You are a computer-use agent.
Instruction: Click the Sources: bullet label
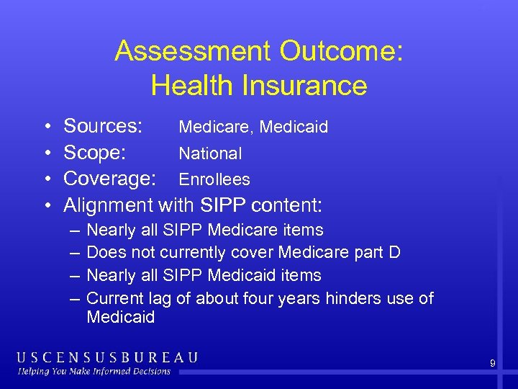(104, 127)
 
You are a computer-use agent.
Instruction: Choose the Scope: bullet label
(96, 153)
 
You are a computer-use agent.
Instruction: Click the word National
(210, 153)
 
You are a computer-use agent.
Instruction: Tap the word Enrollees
(214, 179)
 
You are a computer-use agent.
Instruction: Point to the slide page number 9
(492, 364)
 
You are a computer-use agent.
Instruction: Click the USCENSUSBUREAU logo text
(107, 357)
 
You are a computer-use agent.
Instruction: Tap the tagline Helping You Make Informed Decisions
(94, 371)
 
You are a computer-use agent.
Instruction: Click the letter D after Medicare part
(394, 253)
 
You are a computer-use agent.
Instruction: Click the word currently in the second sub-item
(196, 253)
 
